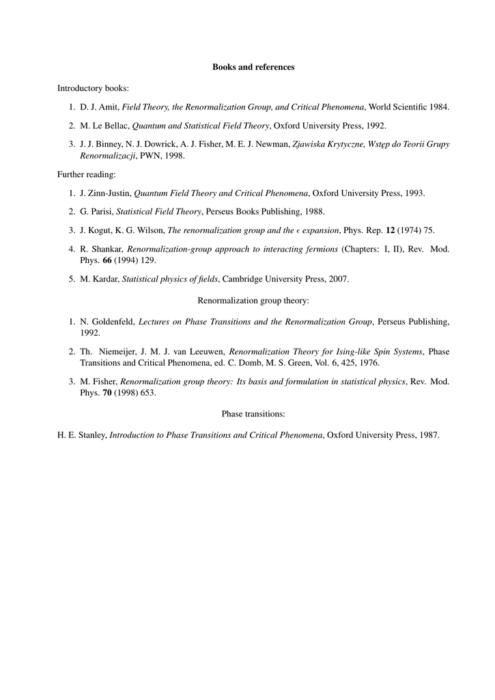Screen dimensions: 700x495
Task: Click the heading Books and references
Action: [x=253, y=67]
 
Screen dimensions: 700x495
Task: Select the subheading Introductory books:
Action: [x=93, y=88]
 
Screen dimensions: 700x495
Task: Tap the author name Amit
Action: [x=109, y=107]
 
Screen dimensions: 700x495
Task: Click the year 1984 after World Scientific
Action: [x=439, y=107]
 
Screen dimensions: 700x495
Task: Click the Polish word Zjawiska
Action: [x=311, y=144]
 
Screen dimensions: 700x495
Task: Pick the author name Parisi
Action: [x=100, y=212]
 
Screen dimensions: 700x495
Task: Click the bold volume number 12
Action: [x=390, y=230]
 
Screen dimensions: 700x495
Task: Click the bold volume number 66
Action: [x=107, y=260]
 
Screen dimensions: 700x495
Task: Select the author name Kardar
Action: [x=104, y=279]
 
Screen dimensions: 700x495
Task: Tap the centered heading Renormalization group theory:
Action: [x=253, y=300]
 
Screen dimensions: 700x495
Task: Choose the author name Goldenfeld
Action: [x=113, y=321]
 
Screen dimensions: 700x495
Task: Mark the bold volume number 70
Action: [x=107, y=392]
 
